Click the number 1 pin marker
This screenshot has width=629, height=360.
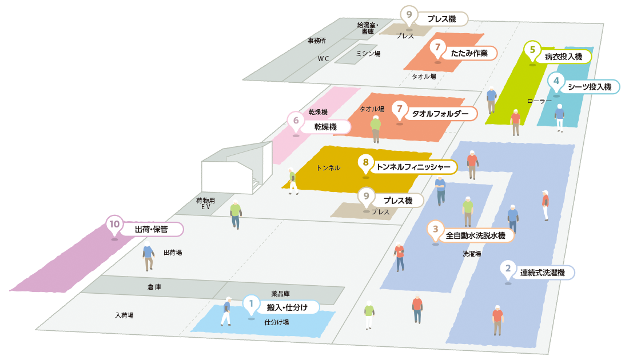click(x=251, y=303)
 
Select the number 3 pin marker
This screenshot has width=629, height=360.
click(x=436, y=230)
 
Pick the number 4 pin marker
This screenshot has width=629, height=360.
click(x=556, y=81)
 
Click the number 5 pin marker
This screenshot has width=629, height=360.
click(x=532, y=50)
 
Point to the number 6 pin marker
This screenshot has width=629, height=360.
click(x=296, y=121)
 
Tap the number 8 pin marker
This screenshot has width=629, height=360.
click(x=365, y=163)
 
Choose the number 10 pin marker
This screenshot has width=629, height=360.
click(x=114, y=225)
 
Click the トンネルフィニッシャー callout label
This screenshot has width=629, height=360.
click(x=416, y=167)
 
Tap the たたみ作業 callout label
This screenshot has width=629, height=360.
click(x=469, y=53)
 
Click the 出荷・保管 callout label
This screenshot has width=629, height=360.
click(x=151, y=230)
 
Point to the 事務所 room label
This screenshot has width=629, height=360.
click(x=317, y=41)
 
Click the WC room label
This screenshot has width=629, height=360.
click(x=324, y=58)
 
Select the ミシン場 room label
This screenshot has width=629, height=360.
click(x=368, y=53)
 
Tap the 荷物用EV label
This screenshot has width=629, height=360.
click(x=205, y=204)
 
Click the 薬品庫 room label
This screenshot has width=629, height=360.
click(x=280, y=294)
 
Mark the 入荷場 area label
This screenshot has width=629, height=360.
click(x=124, y=315)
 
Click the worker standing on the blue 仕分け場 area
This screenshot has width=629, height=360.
click(x=226, y=311)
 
